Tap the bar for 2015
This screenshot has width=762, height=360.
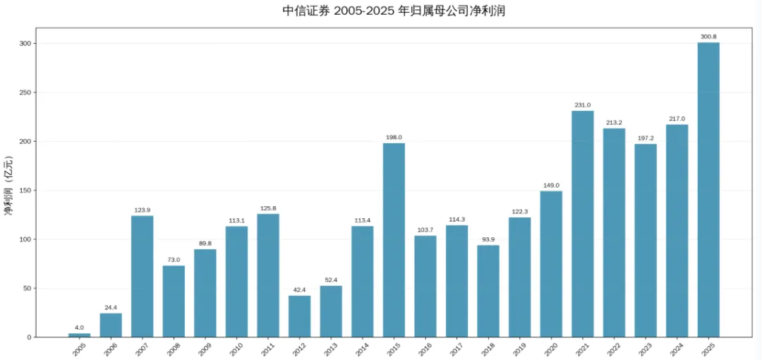click(x=394, y=240)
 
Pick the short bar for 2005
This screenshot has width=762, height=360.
click(x=79, y=335)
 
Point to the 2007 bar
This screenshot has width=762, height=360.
click(x=142, y=276)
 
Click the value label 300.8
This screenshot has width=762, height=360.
click(x=708, y=37)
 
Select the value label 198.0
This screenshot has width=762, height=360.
click(x=394, y=138)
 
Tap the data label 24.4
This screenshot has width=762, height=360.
click(x=111, y=308)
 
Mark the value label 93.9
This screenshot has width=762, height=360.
click(x=488, y=239)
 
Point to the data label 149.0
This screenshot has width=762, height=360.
click(x=551, y=186)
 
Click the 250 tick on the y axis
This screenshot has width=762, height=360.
click(x=25, y=92)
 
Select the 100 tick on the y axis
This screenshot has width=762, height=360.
click(x=25, y=239)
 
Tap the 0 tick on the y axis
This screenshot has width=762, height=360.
click(x=29, y=337)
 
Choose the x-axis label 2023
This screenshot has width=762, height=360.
click(x=644, y=348)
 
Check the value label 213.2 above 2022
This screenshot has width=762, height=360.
click(x=614, y=123)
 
